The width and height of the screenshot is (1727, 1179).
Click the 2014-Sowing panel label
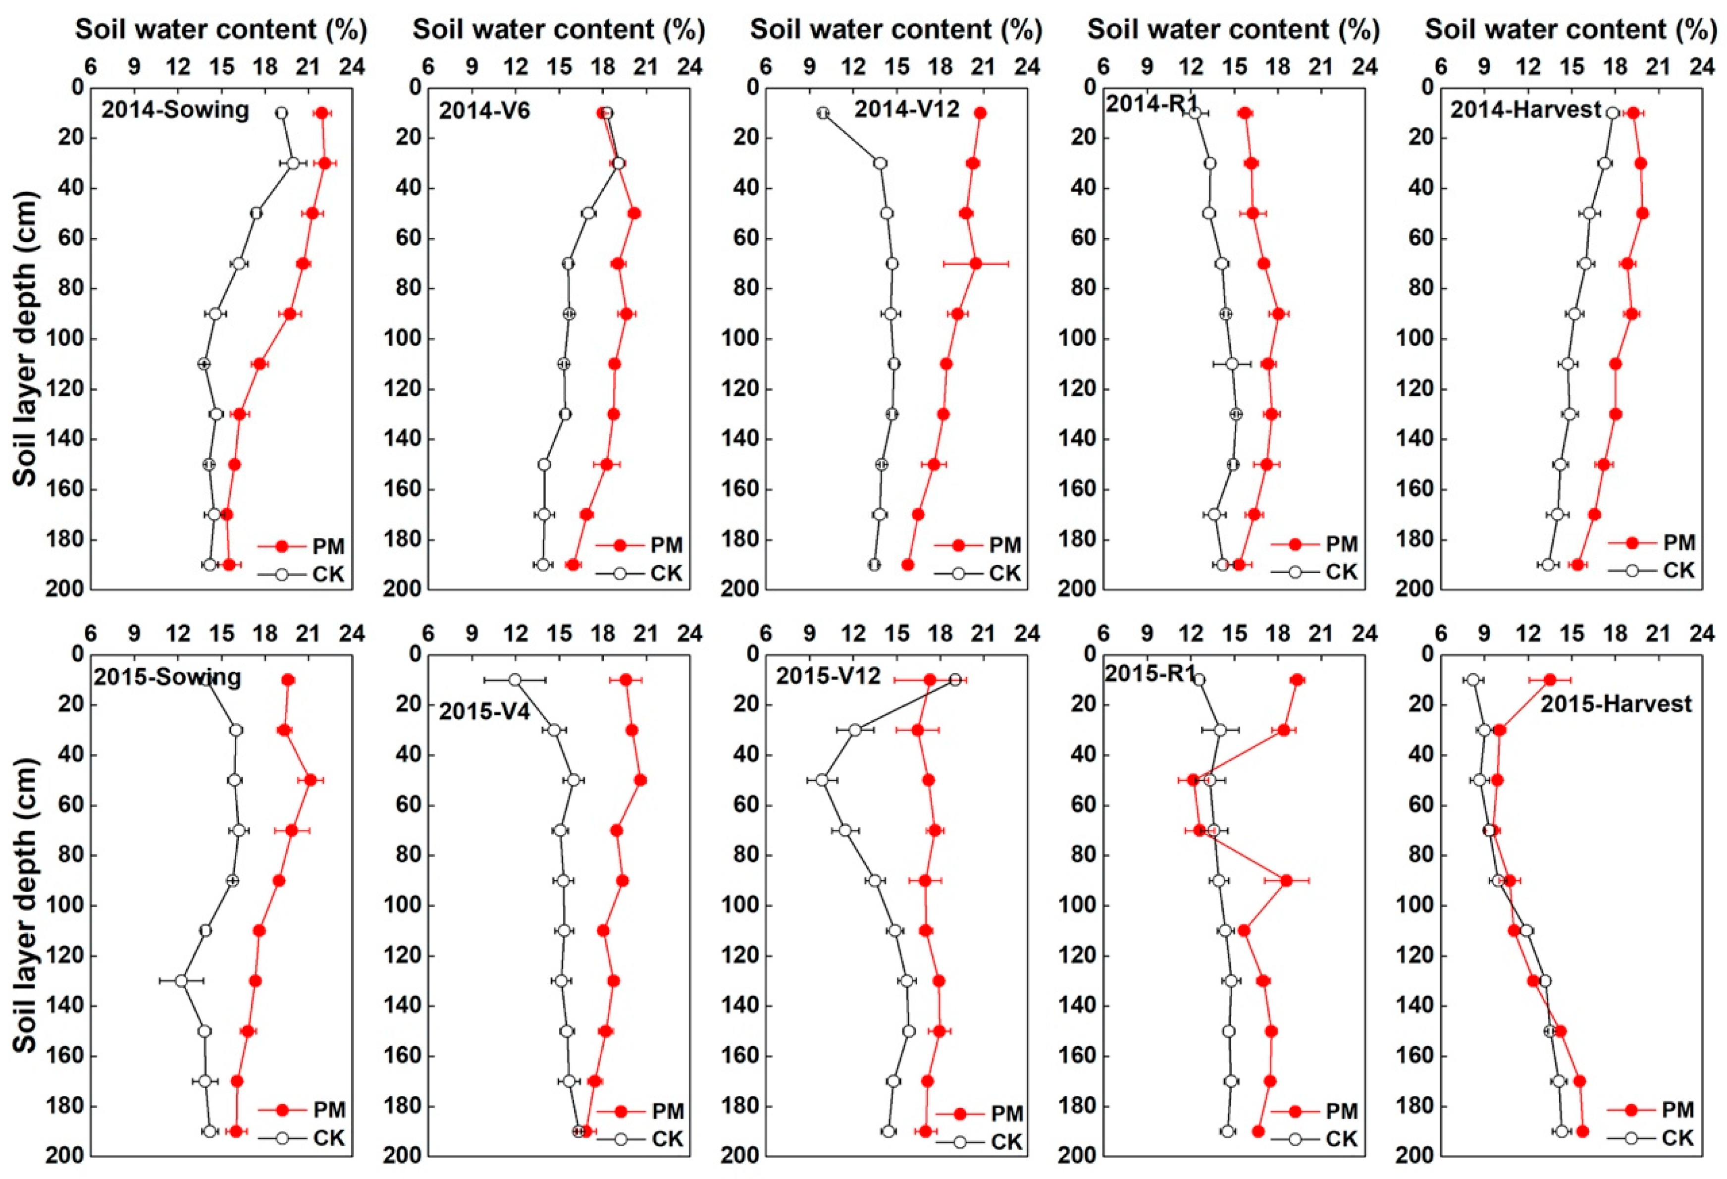point(175,110)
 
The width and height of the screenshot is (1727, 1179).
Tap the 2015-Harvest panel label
point(1616,703)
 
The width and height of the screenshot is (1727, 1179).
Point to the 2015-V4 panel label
point(484,711)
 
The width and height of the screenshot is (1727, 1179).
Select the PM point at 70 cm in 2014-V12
point(976,263)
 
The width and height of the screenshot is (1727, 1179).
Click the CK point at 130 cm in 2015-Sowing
point(181,980)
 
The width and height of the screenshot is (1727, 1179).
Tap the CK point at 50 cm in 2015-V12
point(822,780)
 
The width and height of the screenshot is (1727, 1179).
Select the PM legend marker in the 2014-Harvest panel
point(1632,543)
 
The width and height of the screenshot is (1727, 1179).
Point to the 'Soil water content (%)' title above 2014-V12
point(896,30)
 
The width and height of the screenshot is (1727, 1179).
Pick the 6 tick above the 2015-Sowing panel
point(90,634)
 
